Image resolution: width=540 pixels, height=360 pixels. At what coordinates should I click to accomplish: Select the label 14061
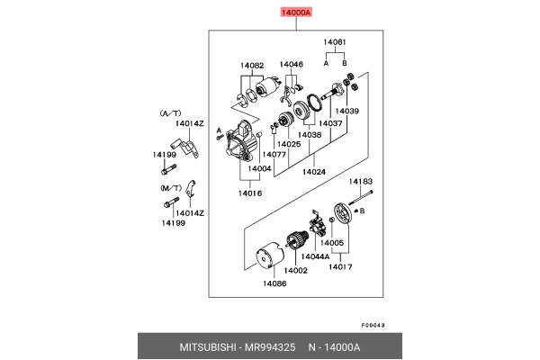click(337, 42)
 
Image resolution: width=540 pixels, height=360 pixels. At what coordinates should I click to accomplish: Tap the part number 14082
click(252, 65)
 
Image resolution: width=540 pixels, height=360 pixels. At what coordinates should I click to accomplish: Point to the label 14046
click(291, 65)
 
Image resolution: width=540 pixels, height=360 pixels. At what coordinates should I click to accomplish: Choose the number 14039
click(347, 111)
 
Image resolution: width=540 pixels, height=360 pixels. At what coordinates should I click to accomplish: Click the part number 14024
click(314, 171)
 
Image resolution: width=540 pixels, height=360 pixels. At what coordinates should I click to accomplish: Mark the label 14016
click(250, 193)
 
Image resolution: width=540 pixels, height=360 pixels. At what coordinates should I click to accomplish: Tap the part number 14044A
click(314, 256)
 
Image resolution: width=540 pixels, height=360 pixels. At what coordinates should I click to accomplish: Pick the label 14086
click(274, 283)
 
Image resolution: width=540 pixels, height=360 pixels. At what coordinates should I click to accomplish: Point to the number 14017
click(339, 265)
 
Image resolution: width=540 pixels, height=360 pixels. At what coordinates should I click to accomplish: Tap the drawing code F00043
click(373, 325)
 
